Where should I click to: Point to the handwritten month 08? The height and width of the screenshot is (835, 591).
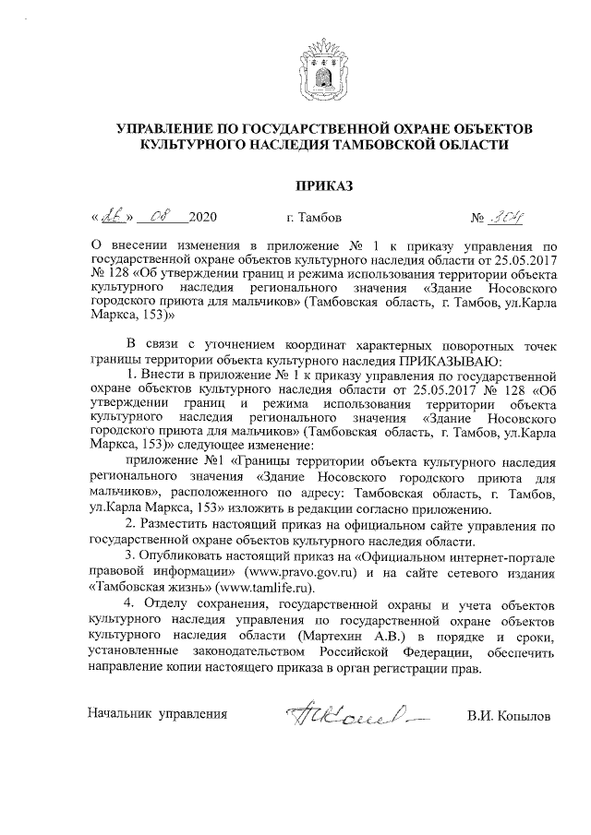(x=162, y=219)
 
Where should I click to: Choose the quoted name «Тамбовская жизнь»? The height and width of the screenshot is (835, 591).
(x=149, y=587)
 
